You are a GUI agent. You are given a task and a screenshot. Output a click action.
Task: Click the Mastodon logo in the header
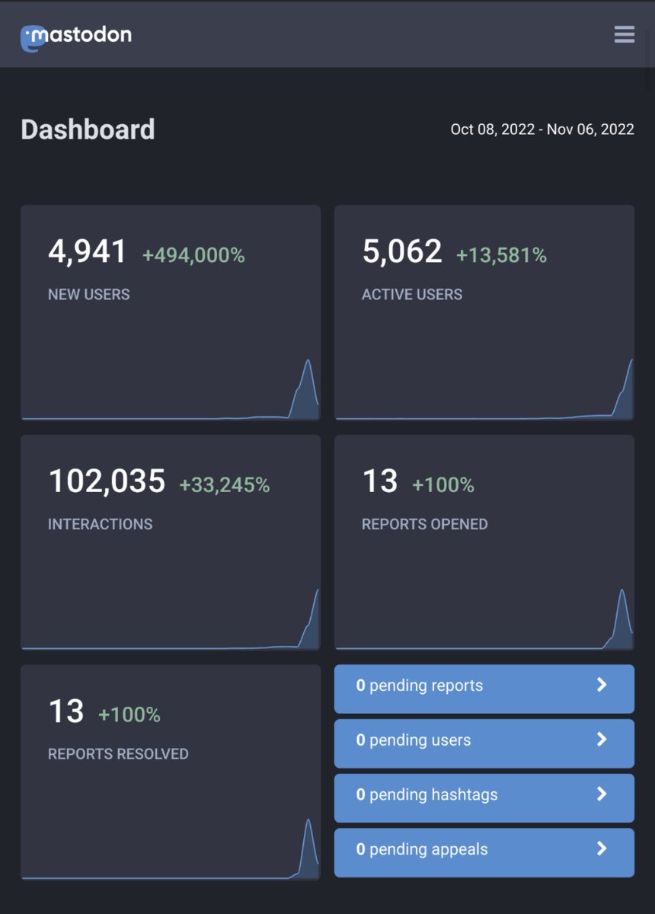click(75, 36)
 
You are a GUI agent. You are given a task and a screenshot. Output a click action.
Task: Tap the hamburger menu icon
click(624, 34)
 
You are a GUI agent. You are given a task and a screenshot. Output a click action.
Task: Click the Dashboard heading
click(88, 129)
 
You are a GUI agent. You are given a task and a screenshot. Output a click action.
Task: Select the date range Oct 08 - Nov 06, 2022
click(542, 129)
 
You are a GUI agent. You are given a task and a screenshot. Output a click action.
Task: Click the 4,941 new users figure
click(87, 251)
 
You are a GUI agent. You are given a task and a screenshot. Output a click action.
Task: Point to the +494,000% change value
click(193, 256)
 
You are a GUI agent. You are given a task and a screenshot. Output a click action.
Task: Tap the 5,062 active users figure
click(401, 251)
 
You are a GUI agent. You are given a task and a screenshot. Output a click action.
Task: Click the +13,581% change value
click(501, 256)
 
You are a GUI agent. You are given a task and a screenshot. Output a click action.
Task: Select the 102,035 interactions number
click(107, 481)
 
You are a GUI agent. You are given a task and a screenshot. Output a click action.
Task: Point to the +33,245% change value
click(224, 485)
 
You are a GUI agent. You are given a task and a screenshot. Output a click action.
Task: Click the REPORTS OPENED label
click(424, 524)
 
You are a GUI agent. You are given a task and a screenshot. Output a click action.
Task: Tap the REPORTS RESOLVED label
click(118, 754)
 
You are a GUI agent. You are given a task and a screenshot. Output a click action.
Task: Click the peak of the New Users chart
click(308, 361)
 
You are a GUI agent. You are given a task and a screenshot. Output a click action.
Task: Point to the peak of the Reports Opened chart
click(622, 590)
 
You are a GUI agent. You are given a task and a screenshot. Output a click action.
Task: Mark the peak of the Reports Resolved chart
click(308, 820)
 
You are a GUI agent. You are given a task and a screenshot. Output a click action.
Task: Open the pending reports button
click(484, 685)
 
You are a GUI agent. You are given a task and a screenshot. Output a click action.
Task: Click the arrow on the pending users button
click(602, 740)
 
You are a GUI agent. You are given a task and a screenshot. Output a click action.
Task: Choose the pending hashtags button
click(484, 794)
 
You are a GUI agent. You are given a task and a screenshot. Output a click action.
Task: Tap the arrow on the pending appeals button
click(602, 848)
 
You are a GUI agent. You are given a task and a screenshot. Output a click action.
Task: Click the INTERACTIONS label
click(100, 524)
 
